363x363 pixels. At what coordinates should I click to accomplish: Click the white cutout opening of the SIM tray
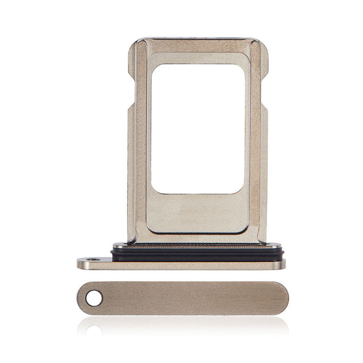(x=197, y=129)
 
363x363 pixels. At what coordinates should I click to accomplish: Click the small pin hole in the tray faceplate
(x=95, y=260)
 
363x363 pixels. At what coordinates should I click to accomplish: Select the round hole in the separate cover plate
(x=94, y=298)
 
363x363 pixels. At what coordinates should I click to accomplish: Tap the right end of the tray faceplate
(x=281, y=264)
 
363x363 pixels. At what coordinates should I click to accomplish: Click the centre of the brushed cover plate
(x=189, y=298)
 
